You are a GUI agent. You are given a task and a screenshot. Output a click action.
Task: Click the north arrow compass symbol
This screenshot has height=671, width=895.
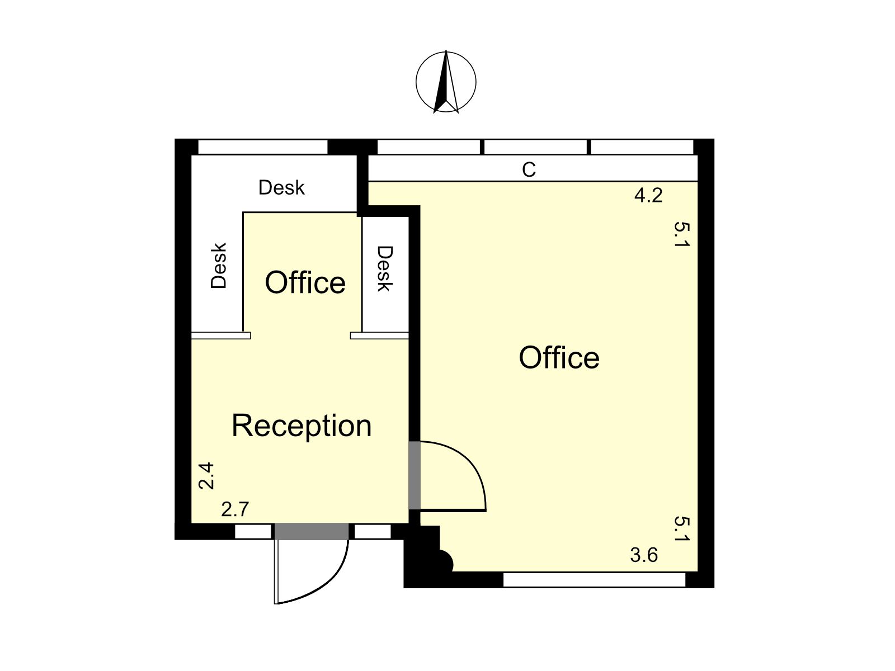(x=446, y=82)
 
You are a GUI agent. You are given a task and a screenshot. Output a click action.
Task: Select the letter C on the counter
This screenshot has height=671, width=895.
(x=529, y=169)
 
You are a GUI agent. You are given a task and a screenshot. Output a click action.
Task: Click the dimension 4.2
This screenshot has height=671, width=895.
(x=648, y=196)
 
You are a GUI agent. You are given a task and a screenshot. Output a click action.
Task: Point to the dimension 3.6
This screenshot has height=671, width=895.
(x=644, y=555)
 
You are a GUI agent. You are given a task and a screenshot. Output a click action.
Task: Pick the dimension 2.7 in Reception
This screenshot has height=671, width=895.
(x=235, y=509)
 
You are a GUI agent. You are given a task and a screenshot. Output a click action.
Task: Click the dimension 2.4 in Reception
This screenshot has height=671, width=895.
(x=206, y=475)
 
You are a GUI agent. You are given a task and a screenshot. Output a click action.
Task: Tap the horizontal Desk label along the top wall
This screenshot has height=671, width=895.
(x=281, y=188)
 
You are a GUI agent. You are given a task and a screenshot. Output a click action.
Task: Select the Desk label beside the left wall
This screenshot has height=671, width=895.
(x=219, y=266)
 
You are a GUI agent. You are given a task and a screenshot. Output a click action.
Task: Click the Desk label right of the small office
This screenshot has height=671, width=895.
(x=385, y=268)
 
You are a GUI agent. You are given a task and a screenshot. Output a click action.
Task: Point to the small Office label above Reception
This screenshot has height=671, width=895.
(x=305, y=282)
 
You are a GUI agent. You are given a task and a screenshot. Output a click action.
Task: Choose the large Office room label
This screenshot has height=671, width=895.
(x=559, y=358)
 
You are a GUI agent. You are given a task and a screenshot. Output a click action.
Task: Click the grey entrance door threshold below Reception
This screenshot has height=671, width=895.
(x=312, y=532)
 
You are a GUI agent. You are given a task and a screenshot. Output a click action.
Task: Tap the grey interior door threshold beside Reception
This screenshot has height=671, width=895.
(x=414, y=475)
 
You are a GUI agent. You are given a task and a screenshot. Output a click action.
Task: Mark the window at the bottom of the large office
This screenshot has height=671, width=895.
(x=595, y=580)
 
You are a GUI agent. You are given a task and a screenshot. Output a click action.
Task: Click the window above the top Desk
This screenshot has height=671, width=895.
(x=262, y=147)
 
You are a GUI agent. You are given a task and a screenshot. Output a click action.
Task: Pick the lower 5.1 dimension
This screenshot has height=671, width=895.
(x=681, y=529)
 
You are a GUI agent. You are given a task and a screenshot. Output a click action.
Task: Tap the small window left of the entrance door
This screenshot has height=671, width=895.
(x=253, y=532)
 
